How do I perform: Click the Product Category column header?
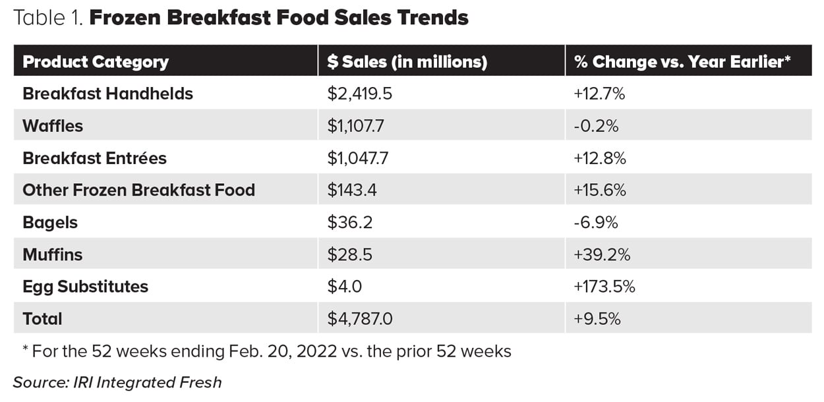(x=96, y=62)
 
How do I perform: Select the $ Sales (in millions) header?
(x=407, y=62)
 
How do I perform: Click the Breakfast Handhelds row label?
(x=107, y=94)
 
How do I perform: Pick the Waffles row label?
(x=53, y=126)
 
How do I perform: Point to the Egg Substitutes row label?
(x=85, y=287)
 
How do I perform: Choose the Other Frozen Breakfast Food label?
(x=138, y=190)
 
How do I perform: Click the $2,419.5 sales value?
(x=359, y=94)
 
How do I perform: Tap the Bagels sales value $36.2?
(x=349, y=223)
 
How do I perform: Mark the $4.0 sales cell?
(x=344, y=287)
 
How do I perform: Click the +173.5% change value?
(x=604, y=287)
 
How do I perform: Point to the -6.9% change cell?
(x=596, y=223)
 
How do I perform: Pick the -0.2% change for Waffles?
(x=596, y=126)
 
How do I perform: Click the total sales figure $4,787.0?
(x=360, y=319)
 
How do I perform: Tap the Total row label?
(x=42, y=319)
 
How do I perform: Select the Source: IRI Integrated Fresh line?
(x=117, y=382)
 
